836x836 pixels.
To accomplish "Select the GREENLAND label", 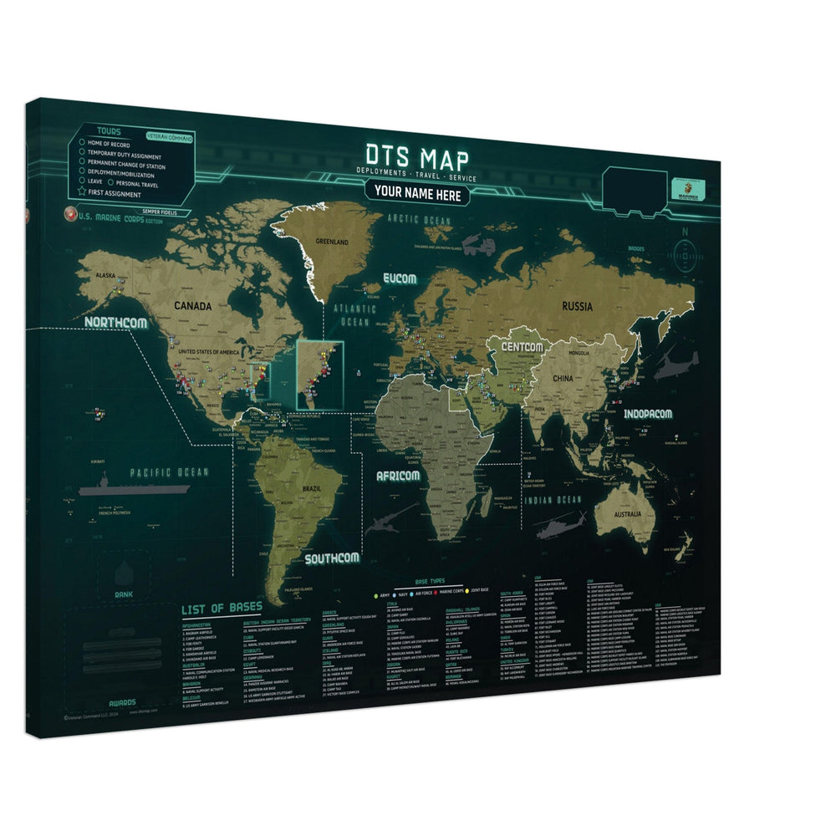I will pos(332,242).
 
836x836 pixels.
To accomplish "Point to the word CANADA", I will pos(192,305).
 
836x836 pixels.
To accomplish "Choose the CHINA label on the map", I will pos(563,379).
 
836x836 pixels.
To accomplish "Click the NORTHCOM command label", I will pos(115,322).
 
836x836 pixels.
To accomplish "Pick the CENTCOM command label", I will pos(522,346).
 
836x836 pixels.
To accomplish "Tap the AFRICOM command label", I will pos(397,476).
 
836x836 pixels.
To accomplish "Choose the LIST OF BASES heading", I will pos(222,607).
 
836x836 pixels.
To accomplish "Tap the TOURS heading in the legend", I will pos(109,132).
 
